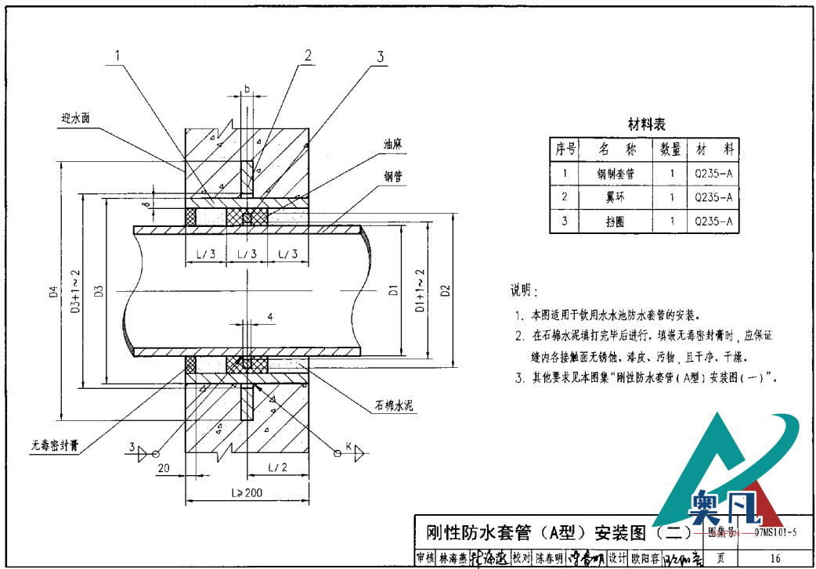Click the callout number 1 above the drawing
117,56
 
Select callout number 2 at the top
308,55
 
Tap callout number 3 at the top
380,56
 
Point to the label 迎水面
76,117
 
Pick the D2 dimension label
445,292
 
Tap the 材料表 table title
647,124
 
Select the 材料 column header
713,149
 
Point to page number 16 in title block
775,558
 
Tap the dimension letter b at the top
246,89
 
